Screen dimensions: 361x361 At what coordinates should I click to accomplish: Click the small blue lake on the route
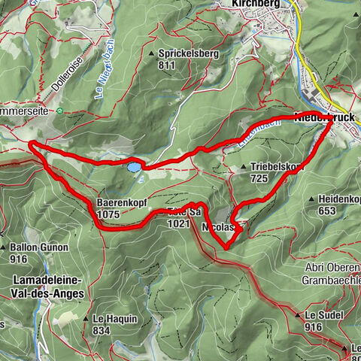132,165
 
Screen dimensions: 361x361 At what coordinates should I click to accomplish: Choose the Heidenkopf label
338,199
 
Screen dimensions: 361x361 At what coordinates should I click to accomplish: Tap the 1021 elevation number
177,223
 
